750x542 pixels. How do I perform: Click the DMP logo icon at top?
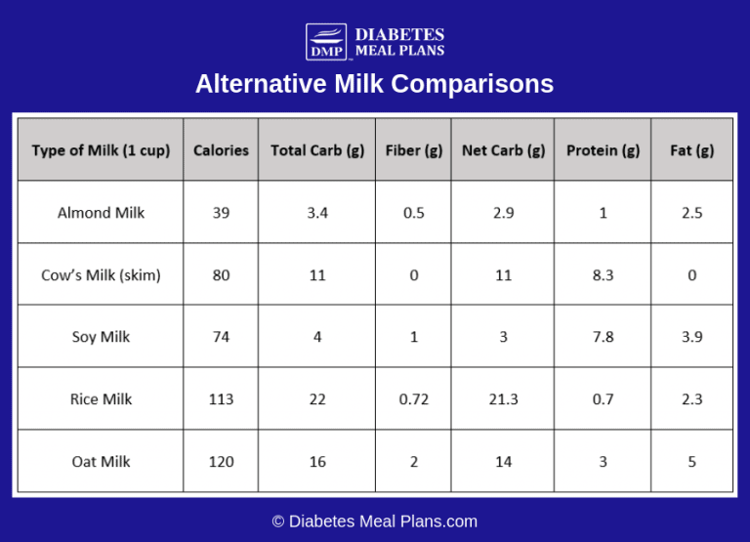(x=326, y=42)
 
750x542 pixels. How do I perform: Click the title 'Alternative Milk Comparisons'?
(x=374, y=84)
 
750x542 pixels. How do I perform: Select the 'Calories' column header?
(x=221, y=150)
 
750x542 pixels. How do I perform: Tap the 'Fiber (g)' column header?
(x=414, y=150)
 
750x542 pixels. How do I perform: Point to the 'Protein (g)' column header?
(x=603, y=150)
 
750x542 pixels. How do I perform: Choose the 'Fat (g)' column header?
(x=691, y=150)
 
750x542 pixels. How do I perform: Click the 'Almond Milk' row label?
(x=101, y=213)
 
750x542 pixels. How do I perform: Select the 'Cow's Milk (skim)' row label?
(x=101, y=275)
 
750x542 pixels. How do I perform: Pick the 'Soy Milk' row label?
(x=101, y=337)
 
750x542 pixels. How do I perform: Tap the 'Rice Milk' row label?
(x=101, y=399)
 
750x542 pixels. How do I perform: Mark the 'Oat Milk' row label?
(x=101, y=461)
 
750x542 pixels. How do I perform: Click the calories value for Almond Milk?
(x=221, y=213)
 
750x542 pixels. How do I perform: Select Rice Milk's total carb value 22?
(x=317, y=399)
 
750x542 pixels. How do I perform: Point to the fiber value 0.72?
(x=414, y=399)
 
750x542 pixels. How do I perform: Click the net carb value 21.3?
(x=503, y=399)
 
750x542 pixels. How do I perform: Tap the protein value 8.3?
(x=603, y=275)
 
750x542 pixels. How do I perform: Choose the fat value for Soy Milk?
(x=691, y=337)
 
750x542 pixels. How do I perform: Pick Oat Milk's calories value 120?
(x=221, y=461)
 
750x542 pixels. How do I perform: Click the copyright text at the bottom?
(x=374, y=521)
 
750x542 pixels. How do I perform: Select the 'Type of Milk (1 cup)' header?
(x=101, y=150)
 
